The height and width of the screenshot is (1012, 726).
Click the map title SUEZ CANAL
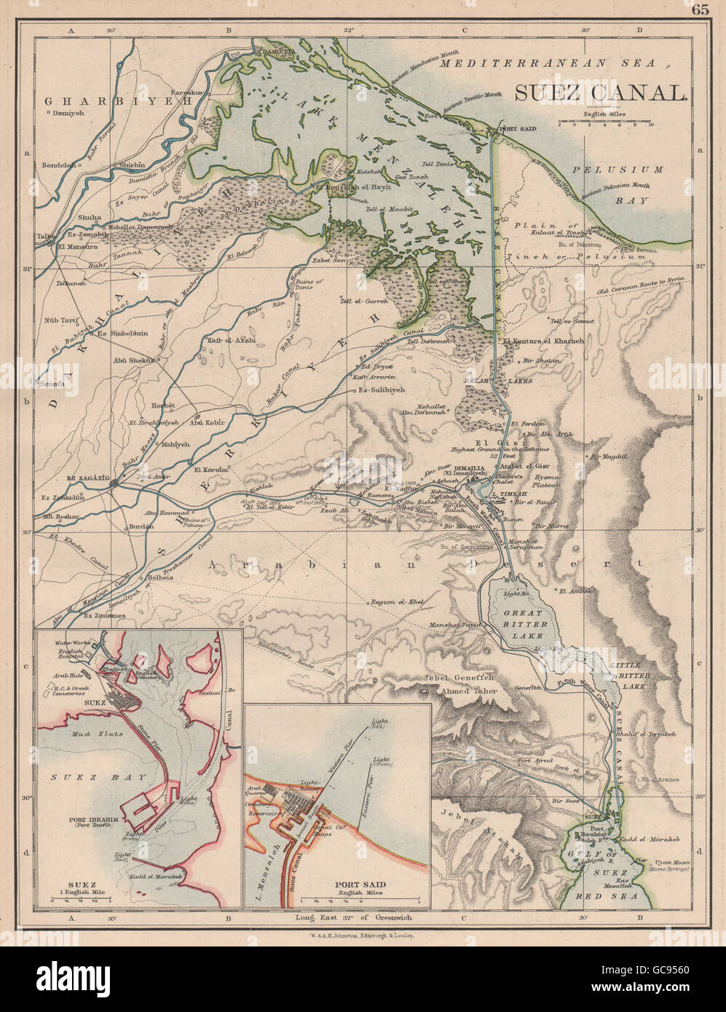click(x=601, y=92)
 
